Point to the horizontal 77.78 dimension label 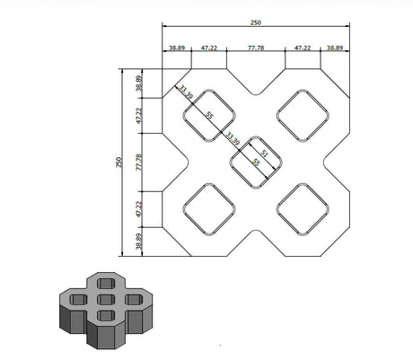(x=256, y=48)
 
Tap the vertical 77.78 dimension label (x=139, y=162)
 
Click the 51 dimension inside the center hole (x=264, y=154)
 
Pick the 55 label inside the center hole (x=256, y=162)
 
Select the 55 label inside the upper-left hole (x=210, y=115)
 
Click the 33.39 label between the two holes (x=233, y=138)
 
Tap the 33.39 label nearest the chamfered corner (x=186, y=92)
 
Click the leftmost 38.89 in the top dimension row (x=177, y=48)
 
